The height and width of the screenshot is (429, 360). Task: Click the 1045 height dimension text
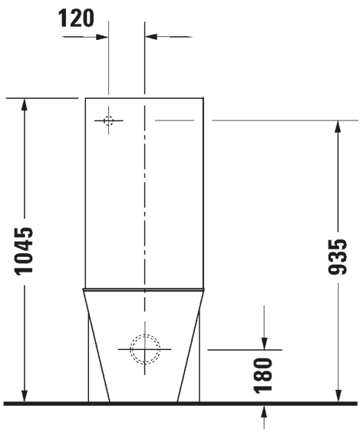click(25, 250)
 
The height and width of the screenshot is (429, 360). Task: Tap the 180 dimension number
click(263, 374)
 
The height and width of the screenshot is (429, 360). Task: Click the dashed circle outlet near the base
click(144, 349)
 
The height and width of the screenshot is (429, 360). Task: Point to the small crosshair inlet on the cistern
click(108, 120)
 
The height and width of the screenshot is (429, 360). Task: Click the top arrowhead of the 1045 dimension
click(25, 104)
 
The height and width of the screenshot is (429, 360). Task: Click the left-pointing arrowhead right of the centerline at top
click(152, 35)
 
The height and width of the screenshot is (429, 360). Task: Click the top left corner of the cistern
click(84, 98)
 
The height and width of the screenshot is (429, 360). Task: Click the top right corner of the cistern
click(203, 98)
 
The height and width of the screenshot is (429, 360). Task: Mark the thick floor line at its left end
click(6, 402)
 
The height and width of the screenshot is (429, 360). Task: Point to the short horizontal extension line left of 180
click(230, 349)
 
